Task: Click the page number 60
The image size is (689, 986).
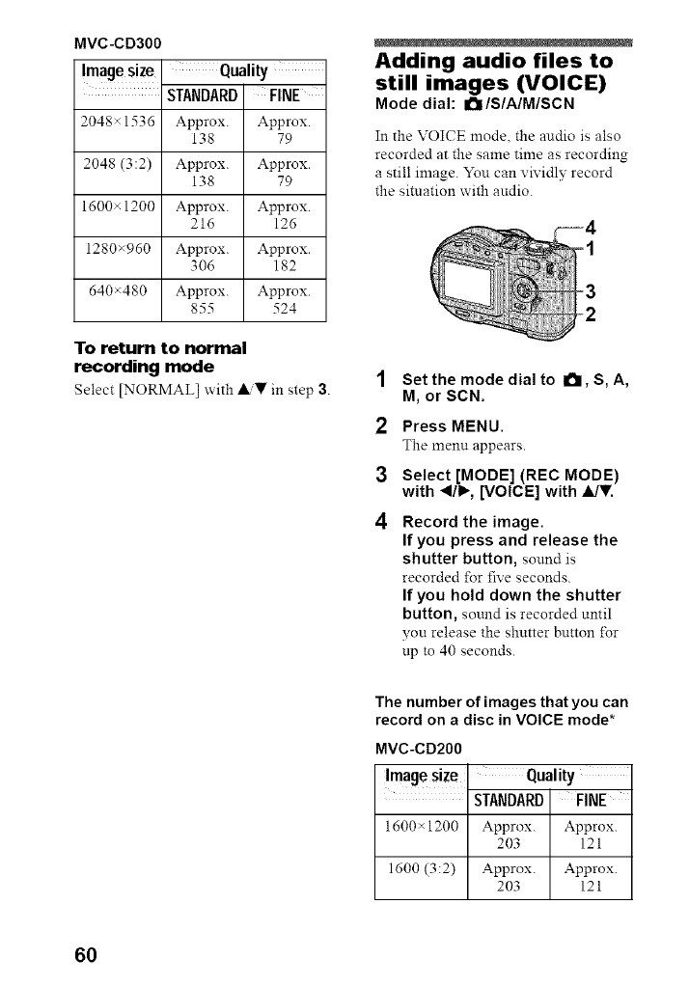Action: [85, 955]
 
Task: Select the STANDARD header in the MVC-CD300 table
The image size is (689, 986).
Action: [203, 96]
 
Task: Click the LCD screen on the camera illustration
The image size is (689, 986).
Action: [469, 287]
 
